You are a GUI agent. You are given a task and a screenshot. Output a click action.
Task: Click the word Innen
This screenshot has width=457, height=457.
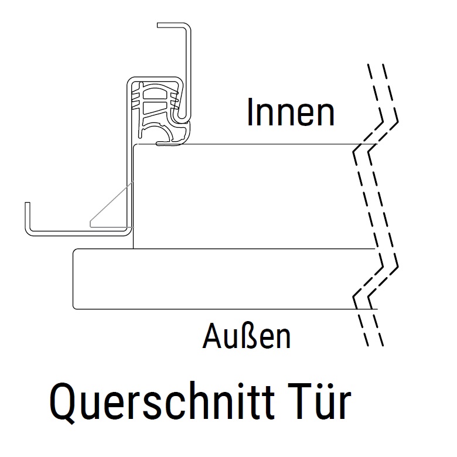click(x=291, y=112)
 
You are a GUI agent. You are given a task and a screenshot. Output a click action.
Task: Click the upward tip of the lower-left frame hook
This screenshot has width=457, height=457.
click(x=27, y=204)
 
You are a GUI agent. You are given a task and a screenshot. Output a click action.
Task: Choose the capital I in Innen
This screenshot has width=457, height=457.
click(x=250, y=112)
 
